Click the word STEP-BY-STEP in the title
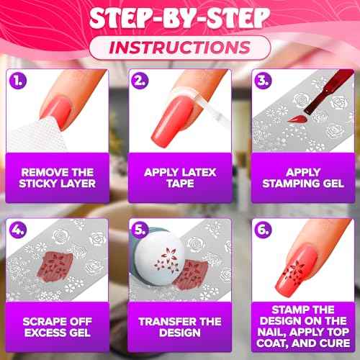click(180, 17)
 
